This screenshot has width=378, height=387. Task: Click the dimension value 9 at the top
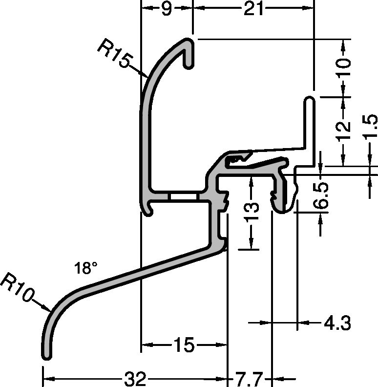pyautogui.click(x=167, y=9)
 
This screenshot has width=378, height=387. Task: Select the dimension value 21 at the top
pyautogui.click(x=253, y=9)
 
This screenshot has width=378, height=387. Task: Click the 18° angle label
pyautogui.click(x=85, y=268)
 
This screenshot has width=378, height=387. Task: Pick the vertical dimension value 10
pyautogui.click(x=344, y=67)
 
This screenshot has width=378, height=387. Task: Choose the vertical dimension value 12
pyautogui.click(x=344, y=130)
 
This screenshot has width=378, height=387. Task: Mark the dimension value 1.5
pyautogui.click(x=371, y=126)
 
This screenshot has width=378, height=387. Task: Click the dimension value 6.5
pyautogui.click(x=321, y=195)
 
